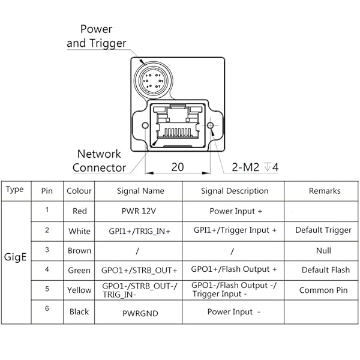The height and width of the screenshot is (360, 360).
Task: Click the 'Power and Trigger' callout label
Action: [x=96, y=36]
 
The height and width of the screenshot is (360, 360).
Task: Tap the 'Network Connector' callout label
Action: [x=99, y=161]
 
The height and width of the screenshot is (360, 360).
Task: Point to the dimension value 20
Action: [x=177, y=167]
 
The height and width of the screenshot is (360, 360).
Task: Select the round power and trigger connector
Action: [x=150, y=79]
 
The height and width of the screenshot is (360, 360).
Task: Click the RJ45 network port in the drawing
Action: [x=178, y=125]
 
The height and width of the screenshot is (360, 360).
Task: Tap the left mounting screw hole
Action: [x=145, y=125]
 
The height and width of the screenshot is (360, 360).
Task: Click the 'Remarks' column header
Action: [x=325, y=191]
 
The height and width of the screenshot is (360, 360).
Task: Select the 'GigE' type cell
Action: [x=16, y=262]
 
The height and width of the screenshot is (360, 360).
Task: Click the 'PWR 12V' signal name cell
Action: [x=138, y=211]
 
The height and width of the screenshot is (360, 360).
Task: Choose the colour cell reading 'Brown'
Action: [x=79, y=251]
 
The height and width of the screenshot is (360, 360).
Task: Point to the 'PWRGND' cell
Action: [x=138, y=312]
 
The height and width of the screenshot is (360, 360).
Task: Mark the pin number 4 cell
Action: [x=47, y=269]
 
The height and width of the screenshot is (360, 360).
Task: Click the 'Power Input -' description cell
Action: [x=234, y=312]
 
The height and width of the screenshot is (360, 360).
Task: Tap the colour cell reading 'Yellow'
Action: [x=79, y=290]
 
